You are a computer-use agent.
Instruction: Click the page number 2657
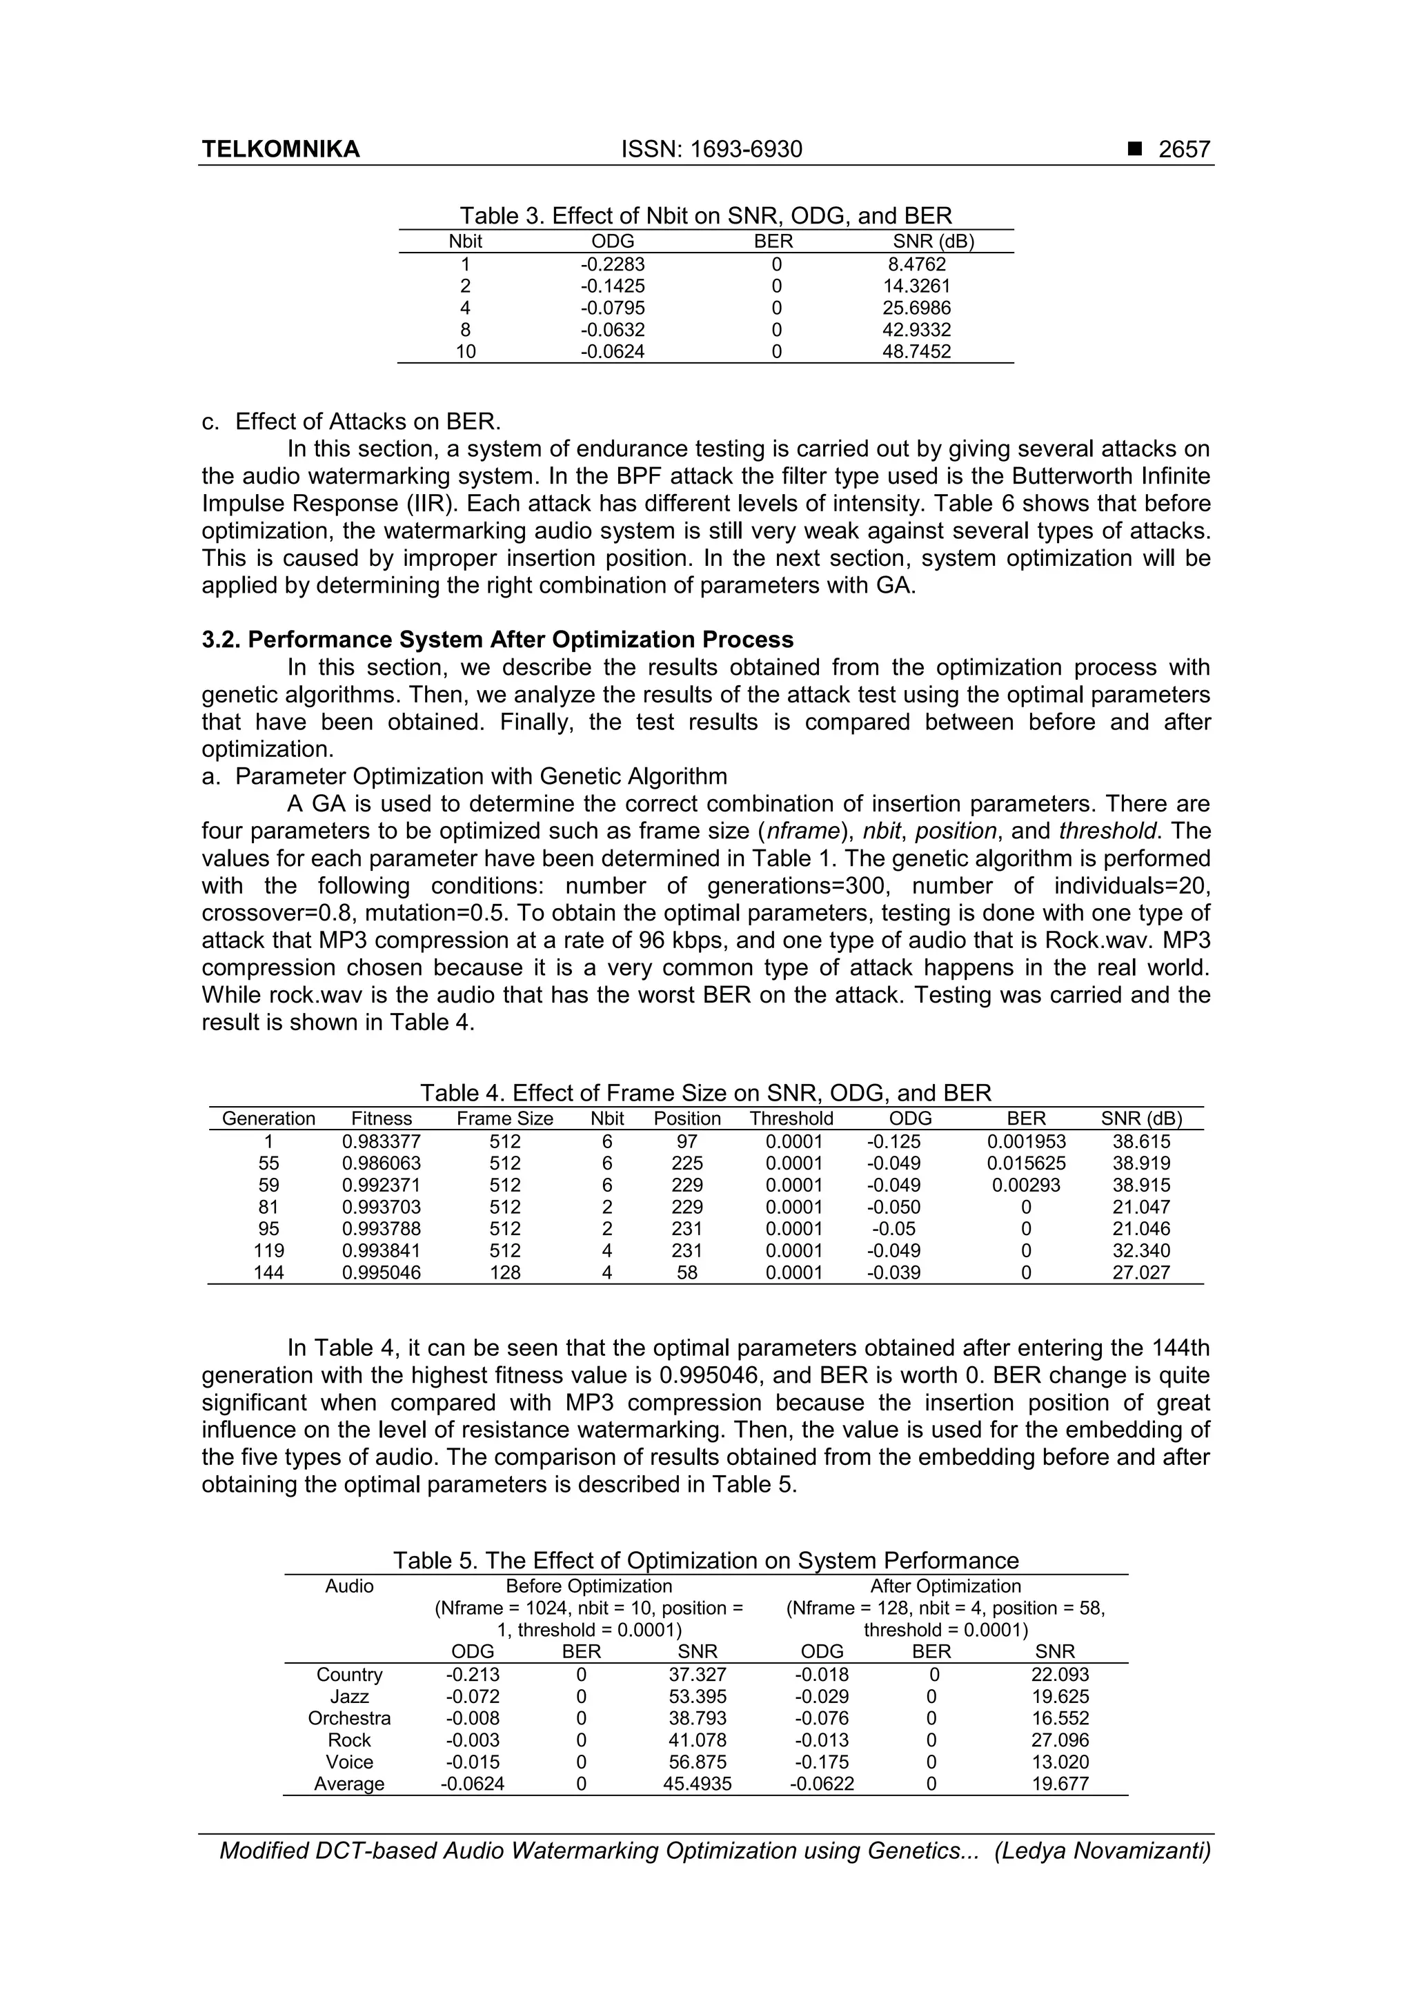point(1184,150)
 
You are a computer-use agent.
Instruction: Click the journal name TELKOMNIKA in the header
point(280,150)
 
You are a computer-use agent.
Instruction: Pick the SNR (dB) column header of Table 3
point(933,242)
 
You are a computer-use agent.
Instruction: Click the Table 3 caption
point(705,216)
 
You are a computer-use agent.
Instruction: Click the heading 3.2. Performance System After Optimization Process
point(497,640)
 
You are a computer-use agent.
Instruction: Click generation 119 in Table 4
point(268,1251)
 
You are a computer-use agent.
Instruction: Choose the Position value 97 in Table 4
point(687,1142)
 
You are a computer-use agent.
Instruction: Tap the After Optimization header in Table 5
point(945,1586)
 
